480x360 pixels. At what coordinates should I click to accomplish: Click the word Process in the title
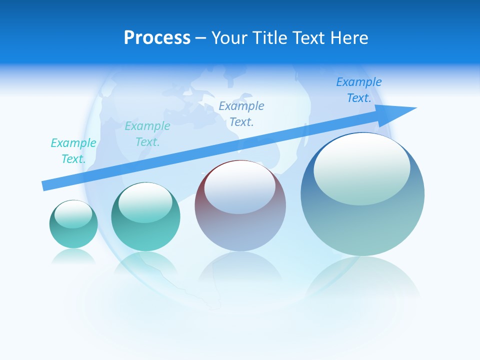tap(157, 38)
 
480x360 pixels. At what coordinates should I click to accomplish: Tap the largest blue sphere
tap(362, 220)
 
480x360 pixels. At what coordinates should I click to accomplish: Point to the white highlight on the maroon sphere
tap(239, 187)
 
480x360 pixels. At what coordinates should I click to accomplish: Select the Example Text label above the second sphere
tap(147, 134)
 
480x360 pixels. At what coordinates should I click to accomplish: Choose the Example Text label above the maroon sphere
tap(241, 114)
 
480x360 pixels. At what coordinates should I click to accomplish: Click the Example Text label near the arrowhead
tap(359, 90)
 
